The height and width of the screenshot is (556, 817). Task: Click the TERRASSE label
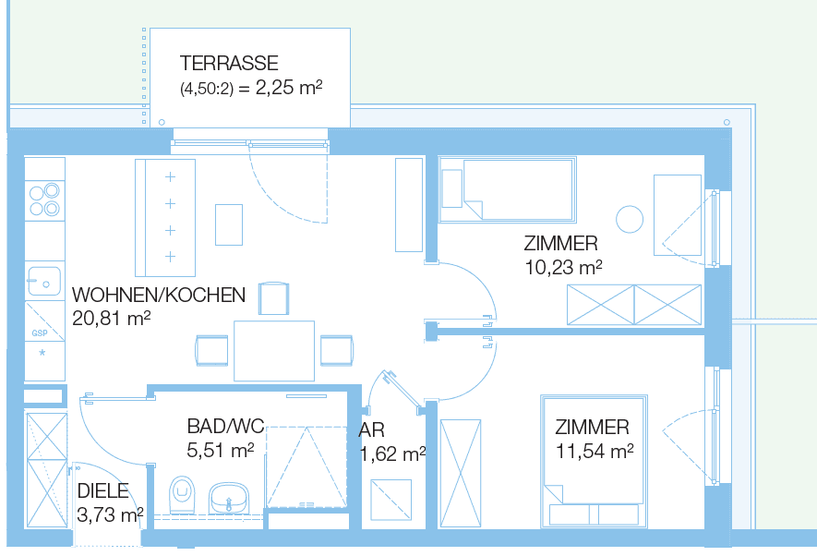coord(229,64)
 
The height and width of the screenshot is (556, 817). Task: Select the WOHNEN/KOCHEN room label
coord(159,296)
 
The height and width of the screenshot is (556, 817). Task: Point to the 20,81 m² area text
coord(111,319)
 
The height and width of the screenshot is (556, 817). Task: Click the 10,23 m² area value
coord(562,267)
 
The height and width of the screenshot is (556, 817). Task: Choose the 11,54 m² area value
coord(595,452)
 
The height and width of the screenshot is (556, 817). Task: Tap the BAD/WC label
coord(225,427)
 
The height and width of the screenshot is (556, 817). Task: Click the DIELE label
coord(102,491)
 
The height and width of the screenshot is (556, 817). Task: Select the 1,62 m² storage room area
coord(392,453)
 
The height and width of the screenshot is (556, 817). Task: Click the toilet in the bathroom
coord(183,494)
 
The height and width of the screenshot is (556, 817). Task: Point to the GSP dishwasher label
coord(40,332)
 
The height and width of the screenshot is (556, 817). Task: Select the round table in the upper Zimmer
coord(630,219)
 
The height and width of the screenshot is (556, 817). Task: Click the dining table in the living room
coord(274,350)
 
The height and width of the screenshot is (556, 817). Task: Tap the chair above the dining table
coord(274,298)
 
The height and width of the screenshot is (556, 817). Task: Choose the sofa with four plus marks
coord(167,217)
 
